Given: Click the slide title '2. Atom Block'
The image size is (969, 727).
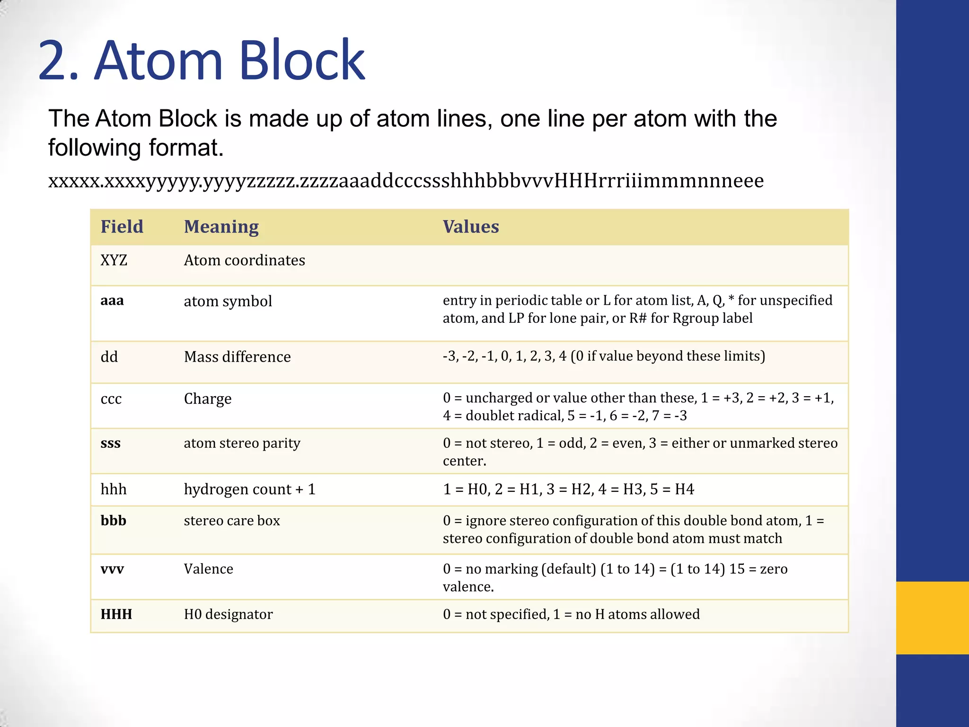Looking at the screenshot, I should tap(201, 61).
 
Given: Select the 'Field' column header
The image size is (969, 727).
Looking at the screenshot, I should tap(122, 227).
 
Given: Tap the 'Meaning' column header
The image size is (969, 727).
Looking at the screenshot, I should tap(221, 227).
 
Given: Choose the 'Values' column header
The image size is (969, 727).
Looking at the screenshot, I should tap(470, 227).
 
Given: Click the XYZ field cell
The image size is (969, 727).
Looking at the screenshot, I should tap(114, 260).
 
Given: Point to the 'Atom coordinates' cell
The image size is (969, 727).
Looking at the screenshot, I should tap(244, 260).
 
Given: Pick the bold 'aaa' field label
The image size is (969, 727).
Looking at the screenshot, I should tap(112, 301).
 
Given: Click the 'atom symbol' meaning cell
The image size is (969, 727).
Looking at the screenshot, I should tap(228, 301).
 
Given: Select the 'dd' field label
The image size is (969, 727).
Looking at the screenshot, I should tap(109, 357).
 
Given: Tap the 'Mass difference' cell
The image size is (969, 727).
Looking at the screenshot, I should tap(237, 357).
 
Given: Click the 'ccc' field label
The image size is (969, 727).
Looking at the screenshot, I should tap(111, 399).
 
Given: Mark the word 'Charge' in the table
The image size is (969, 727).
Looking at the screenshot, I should tap(207, 399).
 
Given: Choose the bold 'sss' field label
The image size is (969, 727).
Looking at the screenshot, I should tap(110, 443).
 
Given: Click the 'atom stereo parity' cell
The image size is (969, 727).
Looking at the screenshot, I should tap(242, 443).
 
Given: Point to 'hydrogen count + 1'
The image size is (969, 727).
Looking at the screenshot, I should tap(249, 489).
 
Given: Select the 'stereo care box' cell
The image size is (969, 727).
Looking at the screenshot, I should tap(232, 521).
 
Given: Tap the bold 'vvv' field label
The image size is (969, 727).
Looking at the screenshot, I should tap(112, 569).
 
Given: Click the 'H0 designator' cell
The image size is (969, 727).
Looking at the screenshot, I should tap(228, 614).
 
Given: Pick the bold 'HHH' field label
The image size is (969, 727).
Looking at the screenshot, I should tap(116, 614).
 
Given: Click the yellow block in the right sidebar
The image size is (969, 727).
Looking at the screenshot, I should tap(932, 618).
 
